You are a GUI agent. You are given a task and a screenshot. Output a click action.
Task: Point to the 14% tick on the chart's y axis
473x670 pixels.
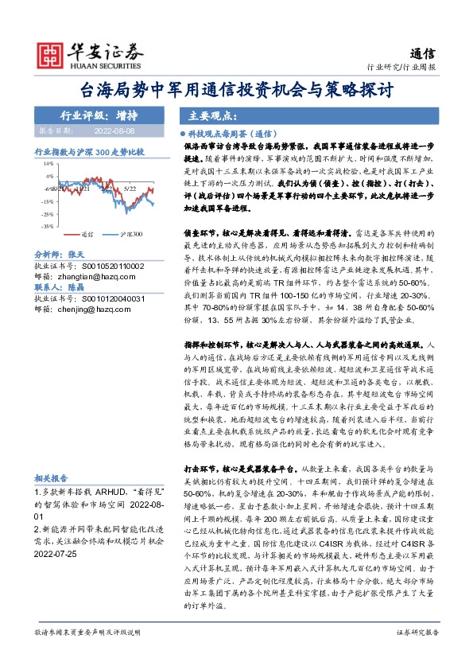pyautogui.click(x=48, y=162)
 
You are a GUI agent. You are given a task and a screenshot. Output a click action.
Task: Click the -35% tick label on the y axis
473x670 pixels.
pyautogui.click(x=47, y=227)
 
